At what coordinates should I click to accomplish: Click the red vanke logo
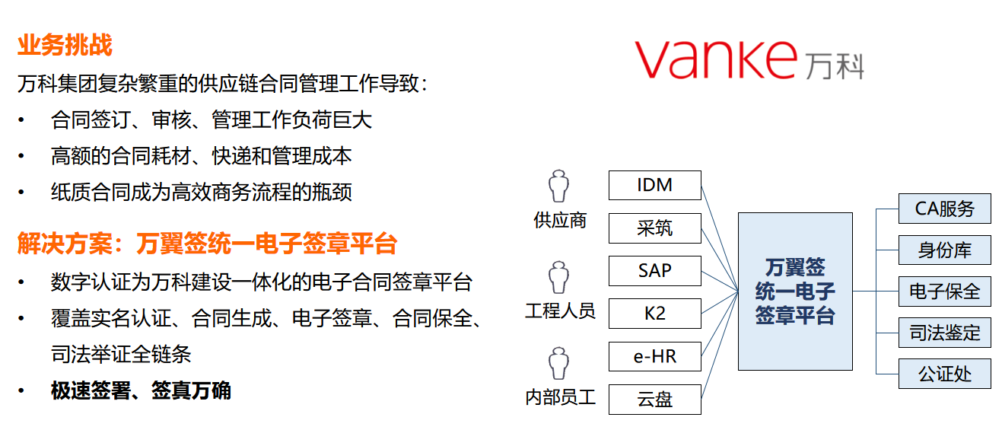(x=716, y=59)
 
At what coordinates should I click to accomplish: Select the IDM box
(x=655, y=185)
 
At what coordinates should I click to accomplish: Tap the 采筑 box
(x=655, y=228)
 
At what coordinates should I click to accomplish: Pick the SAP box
(x=655, y=271)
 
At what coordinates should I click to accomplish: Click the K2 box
(x=655, y=314)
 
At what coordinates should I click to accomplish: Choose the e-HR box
(x=655, y=356)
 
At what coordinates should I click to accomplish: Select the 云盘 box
(x=655, y=400)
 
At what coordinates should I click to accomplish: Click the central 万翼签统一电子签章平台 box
(x=795, y=291)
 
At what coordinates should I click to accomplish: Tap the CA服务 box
(x=945, y=209)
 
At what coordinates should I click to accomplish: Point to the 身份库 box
(x=945, y=250)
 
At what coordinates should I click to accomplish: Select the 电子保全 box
(x=945, y=291)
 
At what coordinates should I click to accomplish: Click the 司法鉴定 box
(x=945, y=333)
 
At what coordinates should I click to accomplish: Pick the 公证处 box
(x=945, y=374)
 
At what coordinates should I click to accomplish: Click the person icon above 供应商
(x=558, y=186)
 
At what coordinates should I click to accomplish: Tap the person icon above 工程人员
(x=558, y=277)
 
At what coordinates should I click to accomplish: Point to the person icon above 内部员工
(x=558, y=363)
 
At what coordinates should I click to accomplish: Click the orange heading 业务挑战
(x=65, y=45)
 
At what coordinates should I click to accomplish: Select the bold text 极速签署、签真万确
(x=141, y=390)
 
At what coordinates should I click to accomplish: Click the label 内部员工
(x=561, y=397)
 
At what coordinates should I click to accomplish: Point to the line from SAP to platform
(x=720, y=281)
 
